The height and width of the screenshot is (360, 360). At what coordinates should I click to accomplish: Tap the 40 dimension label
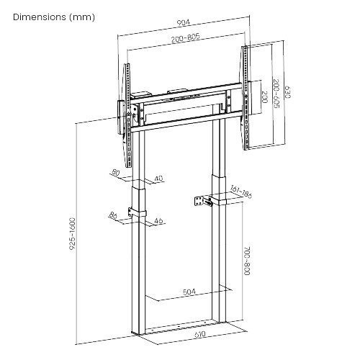(x=158, y=179)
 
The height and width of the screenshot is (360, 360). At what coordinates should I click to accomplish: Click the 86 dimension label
(x=113, y=215)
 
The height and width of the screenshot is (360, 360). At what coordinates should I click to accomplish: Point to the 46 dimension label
(x=159, y=220)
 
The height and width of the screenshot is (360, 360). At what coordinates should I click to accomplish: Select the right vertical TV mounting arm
(x=246, y=97)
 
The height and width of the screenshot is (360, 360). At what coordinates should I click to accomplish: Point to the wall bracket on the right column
(x=202, y=201)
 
